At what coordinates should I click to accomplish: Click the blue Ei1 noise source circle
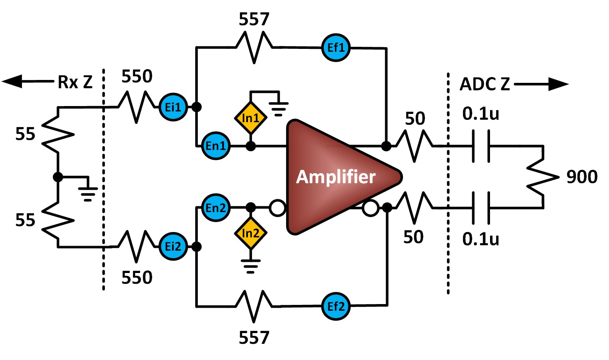pyautogui.click(x=173, y=107)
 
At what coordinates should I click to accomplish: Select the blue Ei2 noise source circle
pyautogui.click(x=173, y=246)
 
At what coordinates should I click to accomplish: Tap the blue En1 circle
pyautogui.click(x=216, y=146)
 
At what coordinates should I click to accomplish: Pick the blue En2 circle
pyautogui.click(x=216, y=208)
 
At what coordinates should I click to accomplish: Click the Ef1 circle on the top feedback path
pyautogui.click(x=336, y=48)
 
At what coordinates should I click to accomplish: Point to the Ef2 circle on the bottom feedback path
pyautogui.click(x=336, y=306)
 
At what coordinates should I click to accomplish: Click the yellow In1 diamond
pyautogui.click(x=250, y=118)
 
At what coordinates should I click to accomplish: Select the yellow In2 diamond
pyautogui.click(x=250, y=233)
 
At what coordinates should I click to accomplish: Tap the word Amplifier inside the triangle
pyautogui.click(x=335, y=177)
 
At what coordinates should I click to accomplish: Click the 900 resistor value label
pyautogui.click(x=582, y=177)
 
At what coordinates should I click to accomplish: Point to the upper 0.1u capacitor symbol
pyautogui.click(x=481, y=146)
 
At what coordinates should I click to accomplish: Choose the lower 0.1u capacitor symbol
pyautogui.click(x=481, y=208)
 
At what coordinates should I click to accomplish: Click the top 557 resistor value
pyautogui.click(x=254, y=19)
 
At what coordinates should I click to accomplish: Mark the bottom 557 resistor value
pyautogui.click(x=254, y=338)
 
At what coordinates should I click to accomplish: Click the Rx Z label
pyautogui.click(x=75, y=82)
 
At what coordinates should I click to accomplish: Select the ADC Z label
pyautogui.click(x=485, y=84)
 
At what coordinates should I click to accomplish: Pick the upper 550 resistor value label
pyautogui.click(x=137, y=76)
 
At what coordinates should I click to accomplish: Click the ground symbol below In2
pyautogui.click(x=250, y=265)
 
